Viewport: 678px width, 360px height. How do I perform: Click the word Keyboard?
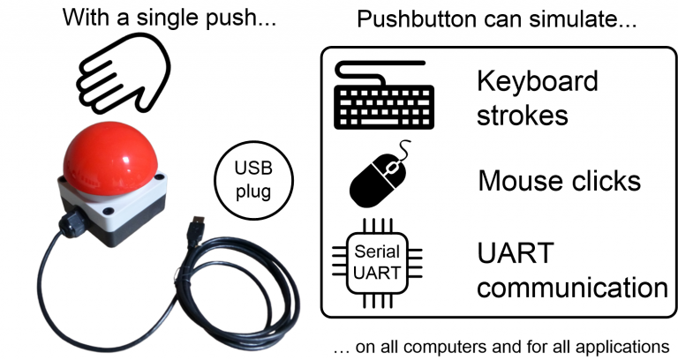[537, 82]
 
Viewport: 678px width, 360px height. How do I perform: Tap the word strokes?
[522, 116]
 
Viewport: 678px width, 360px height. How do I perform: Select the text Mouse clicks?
[559, 181]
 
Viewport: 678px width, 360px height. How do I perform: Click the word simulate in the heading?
[583, 19]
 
